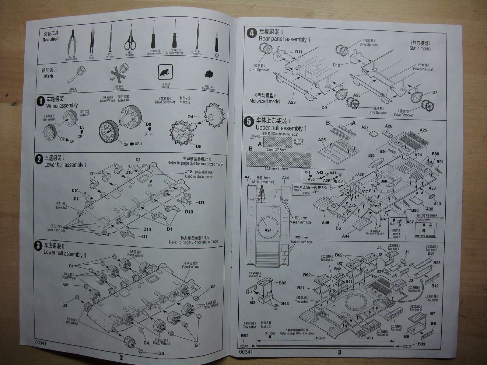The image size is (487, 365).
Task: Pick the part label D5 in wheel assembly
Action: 198,146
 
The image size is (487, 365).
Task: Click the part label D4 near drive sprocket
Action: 191,117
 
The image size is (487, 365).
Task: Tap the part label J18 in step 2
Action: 188,172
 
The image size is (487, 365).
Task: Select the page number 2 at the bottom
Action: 121,358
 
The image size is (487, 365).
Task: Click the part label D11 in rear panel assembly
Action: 298,52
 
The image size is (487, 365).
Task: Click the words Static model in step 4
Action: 420,48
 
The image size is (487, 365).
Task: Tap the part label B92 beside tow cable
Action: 244,336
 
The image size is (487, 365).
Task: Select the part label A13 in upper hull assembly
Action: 437,204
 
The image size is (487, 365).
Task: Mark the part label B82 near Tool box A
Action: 282,283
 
